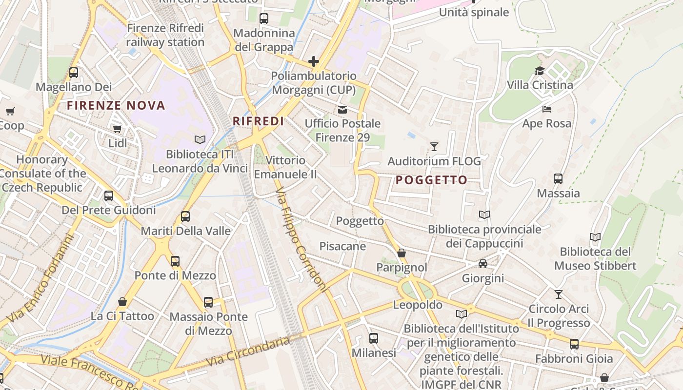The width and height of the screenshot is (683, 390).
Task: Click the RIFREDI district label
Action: [258, 121]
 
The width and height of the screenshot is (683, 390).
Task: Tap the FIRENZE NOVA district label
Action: [116, 105]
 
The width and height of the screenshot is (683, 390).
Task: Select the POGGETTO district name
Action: [431, 180]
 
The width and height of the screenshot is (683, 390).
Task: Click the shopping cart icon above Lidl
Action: [117, 129]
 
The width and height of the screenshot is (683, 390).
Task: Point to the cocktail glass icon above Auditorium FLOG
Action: [434, 146]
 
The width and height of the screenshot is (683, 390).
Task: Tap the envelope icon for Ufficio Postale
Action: [342, 110]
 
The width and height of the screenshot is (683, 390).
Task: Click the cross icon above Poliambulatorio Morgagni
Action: [314, 61]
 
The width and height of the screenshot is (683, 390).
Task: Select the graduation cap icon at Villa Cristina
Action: [540, 71]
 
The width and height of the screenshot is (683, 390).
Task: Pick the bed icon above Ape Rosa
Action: [546, 109]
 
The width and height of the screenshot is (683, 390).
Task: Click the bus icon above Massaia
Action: [558, 179]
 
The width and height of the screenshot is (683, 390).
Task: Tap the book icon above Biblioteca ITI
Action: [200, 140]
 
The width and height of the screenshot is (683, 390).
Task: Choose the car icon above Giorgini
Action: [483, 264]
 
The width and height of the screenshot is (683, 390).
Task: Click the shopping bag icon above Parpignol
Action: [402, 253]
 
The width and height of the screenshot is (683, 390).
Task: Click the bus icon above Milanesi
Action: [374, 338]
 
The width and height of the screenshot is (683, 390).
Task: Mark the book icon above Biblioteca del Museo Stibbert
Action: [595, 237]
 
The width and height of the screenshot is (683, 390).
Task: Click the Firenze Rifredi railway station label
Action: [165, 35]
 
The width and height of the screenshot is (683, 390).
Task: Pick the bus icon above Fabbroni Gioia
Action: [574, 344]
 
